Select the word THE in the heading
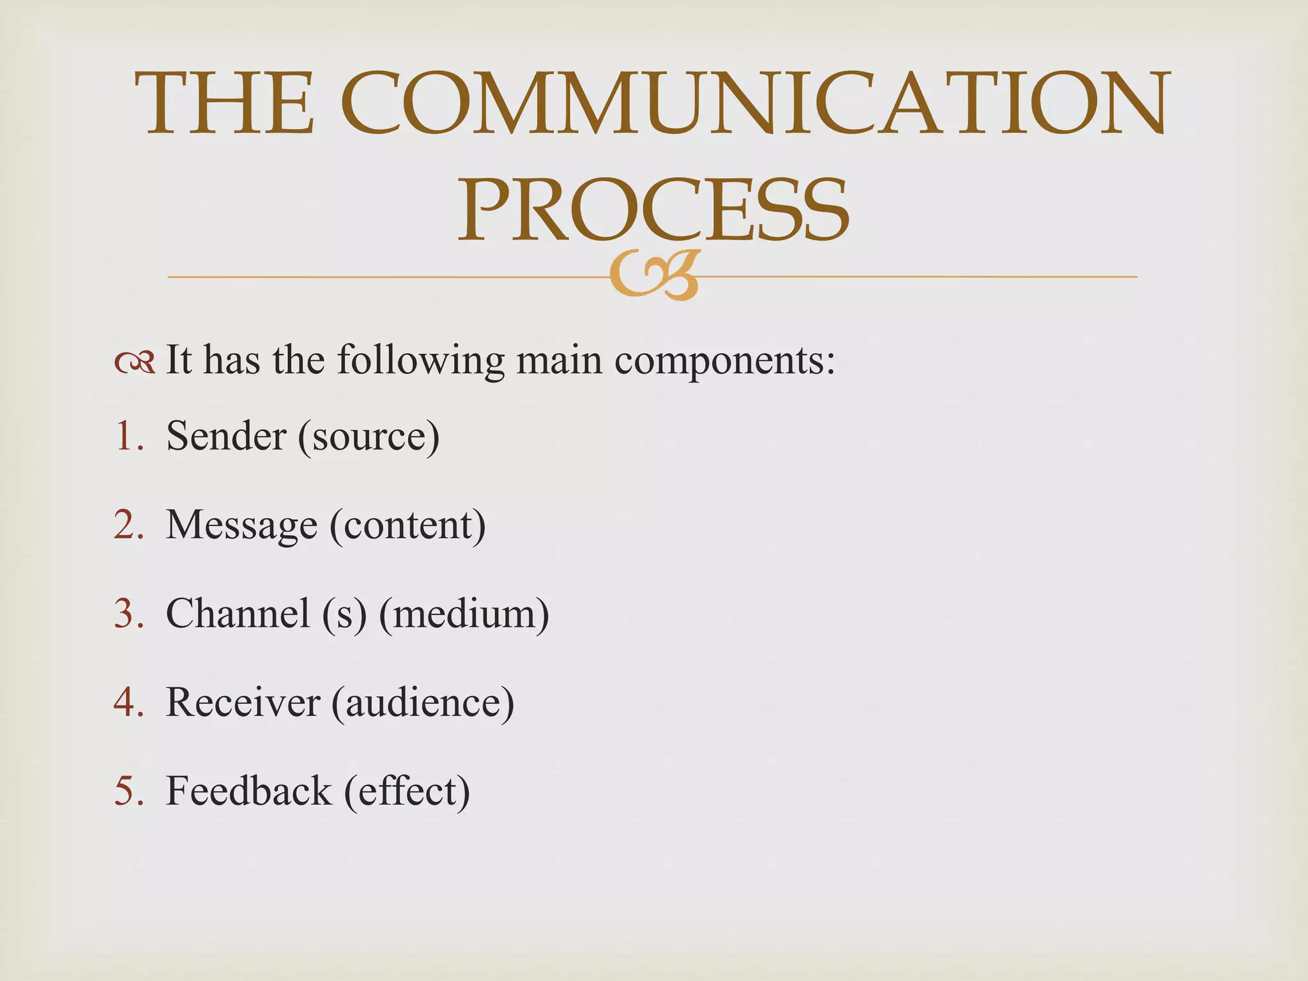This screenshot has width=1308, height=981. click(x=225, y=103)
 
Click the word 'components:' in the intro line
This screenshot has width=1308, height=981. click(x=725, y=361)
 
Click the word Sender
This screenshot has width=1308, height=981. click(x=226, y=436)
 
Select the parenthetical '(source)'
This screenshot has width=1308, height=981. click(x=369, y=437)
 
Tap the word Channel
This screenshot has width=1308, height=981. click(x=238, y=614)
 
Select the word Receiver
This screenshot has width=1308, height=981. click(x=243, y=703)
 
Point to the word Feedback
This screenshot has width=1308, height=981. click(x=249, y=791)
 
